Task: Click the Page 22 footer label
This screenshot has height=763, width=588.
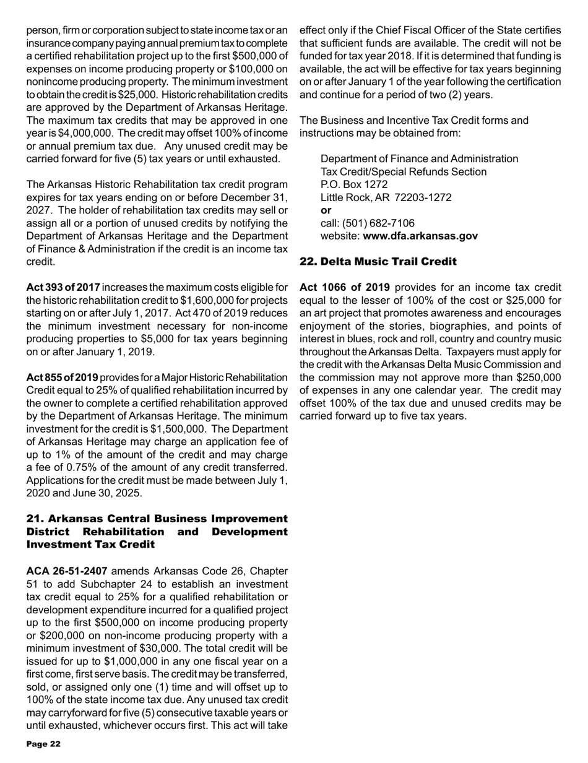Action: point(43,744)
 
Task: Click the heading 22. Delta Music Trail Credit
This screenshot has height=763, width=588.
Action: point(378,262)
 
